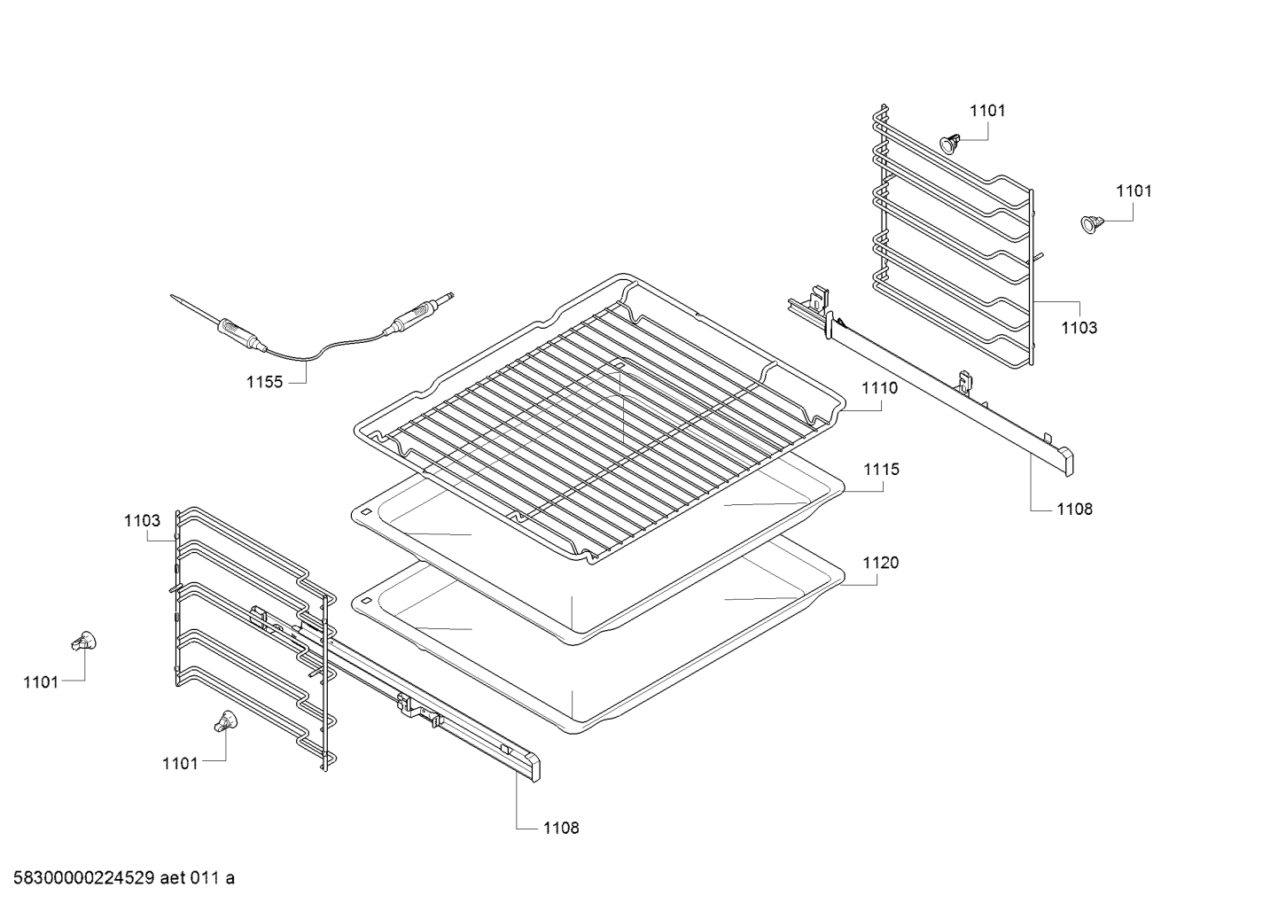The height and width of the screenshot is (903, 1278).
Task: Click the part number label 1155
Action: [264, 382]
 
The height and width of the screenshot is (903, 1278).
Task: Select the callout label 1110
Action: [878, 387]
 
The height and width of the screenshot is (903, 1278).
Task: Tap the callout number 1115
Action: [880, 469]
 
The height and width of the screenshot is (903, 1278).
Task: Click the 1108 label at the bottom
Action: [560, 828]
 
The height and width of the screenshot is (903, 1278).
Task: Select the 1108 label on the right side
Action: [1073, 509]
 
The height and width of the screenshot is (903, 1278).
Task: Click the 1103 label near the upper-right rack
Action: [1079, 327]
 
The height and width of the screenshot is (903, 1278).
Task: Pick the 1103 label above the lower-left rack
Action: [142, 520]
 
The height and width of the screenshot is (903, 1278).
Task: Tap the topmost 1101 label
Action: [987, 110]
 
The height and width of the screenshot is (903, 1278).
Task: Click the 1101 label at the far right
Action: [1134, 190]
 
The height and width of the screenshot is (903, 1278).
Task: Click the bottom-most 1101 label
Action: [180, 762]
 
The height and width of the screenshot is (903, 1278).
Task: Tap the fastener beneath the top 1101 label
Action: [951, 143]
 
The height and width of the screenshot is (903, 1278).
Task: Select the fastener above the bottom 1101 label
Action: [225, 721]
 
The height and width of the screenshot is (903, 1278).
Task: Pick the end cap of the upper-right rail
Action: [1066, 461]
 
